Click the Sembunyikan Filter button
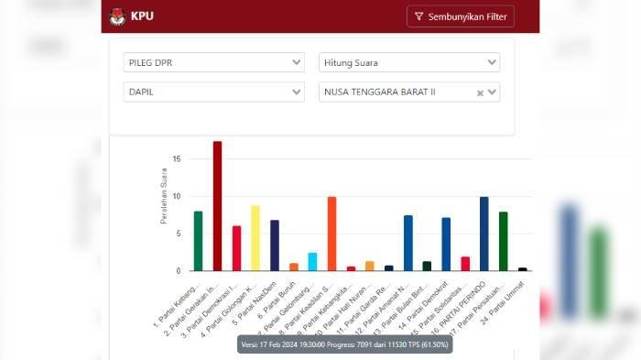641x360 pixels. pos(460,16)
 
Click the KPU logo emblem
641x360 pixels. pos(117,16)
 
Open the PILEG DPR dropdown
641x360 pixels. pos(213,62)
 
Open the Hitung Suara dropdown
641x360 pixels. pos(409,62)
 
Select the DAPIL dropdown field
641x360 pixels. pos(213,92)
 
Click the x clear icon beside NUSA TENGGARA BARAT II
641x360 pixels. pos(480,93)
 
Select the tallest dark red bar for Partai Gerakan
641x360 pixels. pos(217,206)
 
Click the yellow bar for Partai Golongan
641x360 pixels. pos(255,238)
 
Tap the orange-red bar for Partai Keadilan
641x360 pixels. pos(331,234)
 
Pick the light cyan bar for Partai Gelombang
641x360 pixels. pos(312,262)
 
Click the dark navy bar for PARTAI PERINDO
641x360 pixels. pos(483,234)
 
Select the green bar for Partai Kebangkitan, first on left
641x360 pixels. pos(198,241)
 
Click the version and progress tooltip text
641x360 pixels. pos(344,344)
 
